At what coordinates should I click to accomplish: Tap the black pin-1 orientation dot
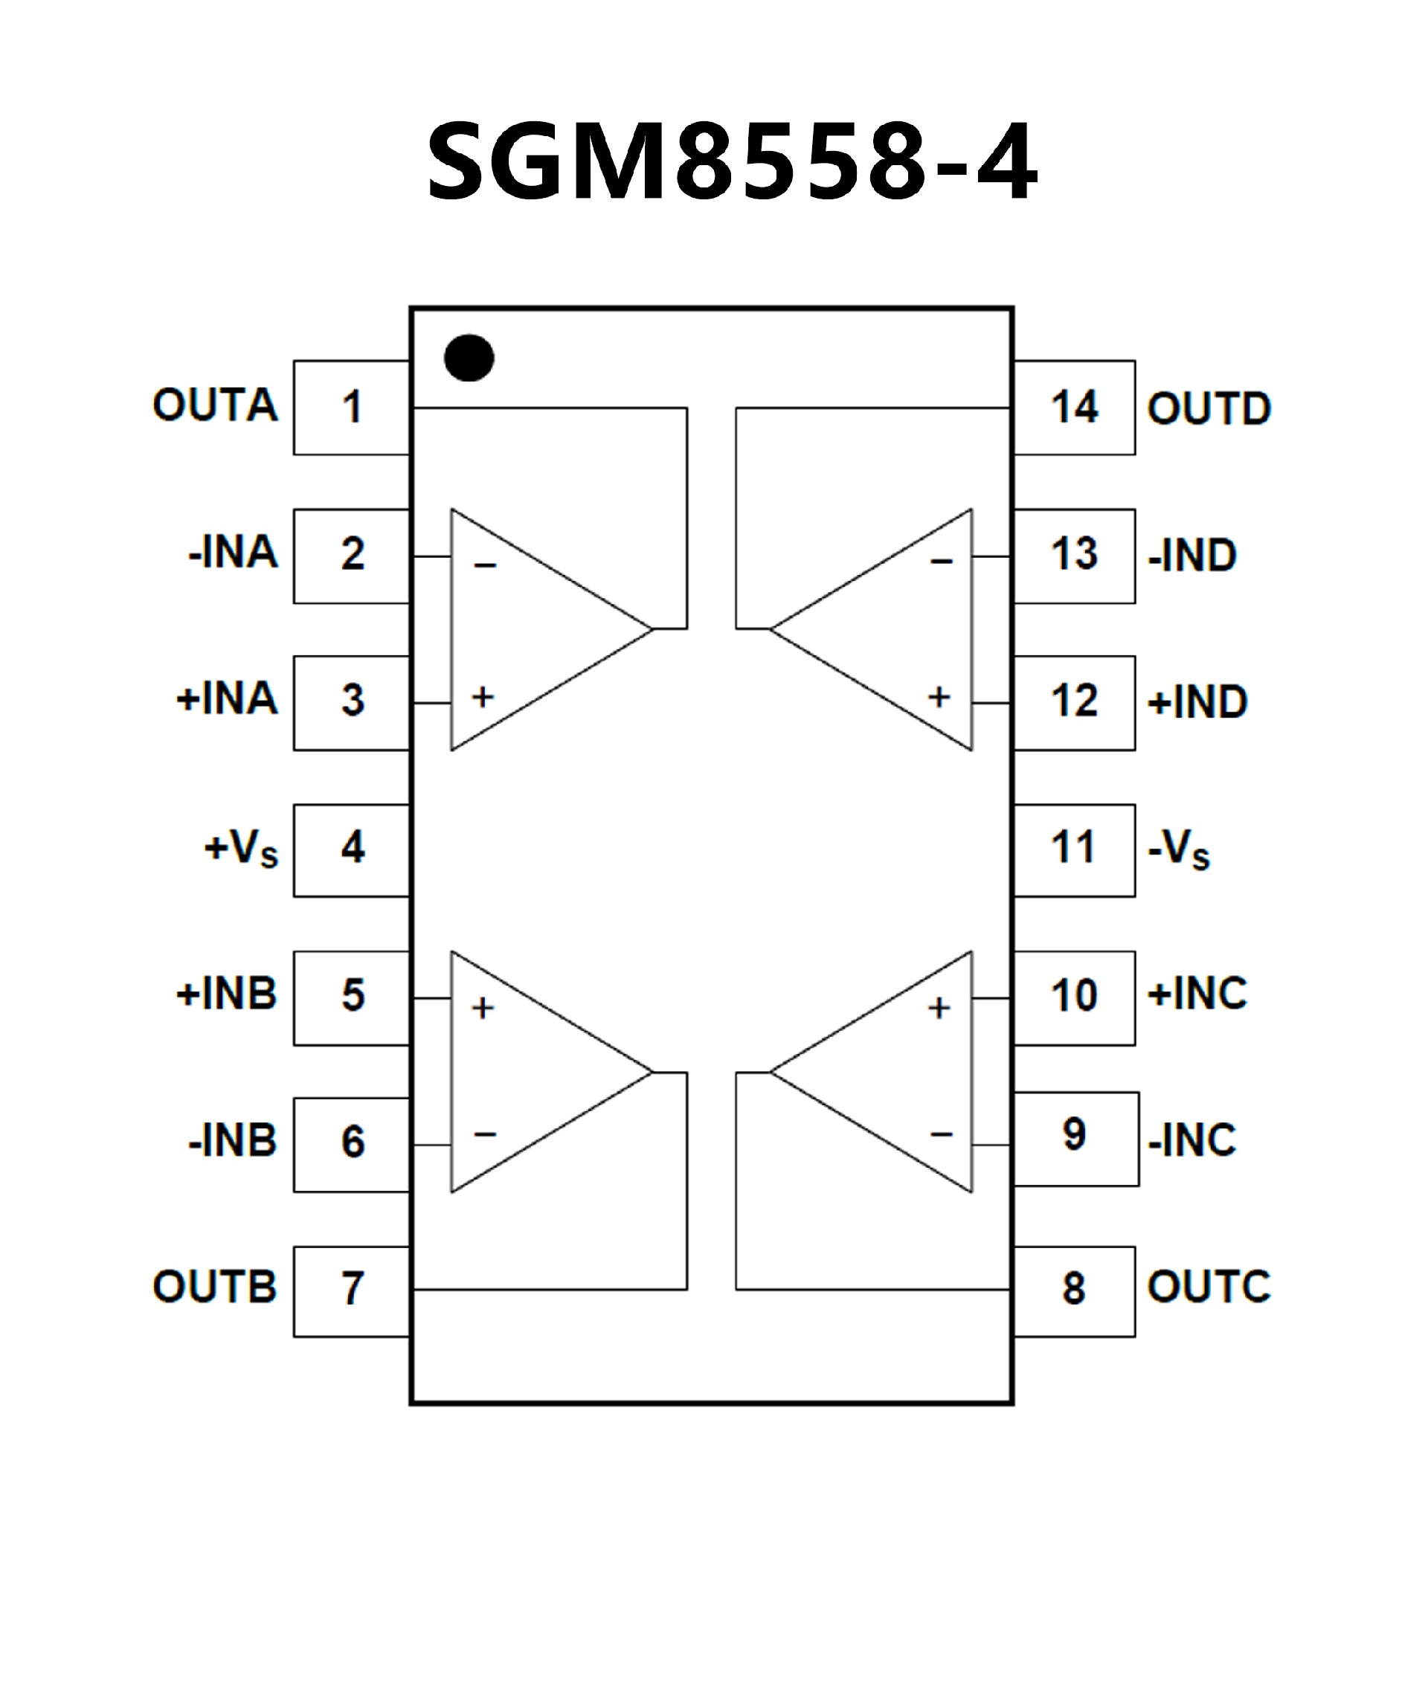(469, 358)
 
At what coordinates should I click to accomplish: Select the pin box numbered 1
(351, 408)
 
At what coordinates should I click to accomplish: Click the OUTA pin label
(215, 405)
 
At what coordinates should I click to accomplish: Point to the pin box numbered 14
(1074, 408)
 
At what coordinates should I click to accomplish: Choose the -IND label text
(1192, 556)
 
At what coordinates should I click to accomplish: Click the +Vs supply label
(241, 849)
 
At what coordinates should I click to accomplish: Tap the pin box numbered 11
(1074, 849)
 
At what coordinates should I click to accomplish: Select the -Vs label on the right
(1179, 850)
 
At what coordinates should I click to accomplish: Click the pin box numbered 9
(1076, 1139)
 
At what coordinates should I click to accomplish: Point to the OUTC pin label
(1209, 1286)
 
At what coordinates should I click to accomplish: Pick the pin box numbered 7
(351, 1288)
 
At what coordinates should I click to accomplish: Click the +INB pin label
(227, 994)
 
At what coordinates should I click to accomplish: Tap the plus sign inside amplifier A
(483, 697)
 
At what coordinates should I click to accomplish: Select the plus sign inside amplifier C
(939, 1008)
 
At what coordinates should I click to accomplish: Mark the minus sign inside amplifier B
(484, 1134)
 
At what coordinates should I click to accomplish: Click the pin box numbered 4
(351, 849)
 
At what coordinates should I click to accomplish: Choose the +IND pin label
(1197, 702)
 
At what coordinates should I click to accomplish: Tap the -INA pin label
(233, 553)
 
